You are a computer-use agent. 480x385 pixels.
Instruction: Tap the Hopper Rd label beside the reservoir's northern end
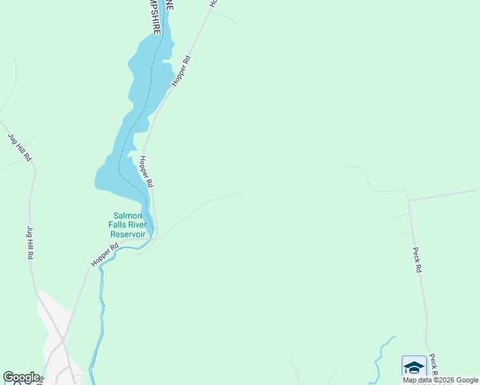[182, 71]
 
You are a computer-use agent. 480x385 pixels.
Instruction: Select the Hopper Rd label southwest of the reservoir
[105, 255]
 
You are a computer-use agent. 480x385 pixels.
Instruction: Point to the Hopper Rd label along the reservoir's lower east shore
[146, 172]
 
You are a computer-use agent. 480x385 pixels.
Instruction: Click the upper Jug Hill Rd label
[20, 147]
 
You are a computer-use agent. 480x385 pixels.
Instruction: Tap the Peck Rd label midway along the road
[416, 261]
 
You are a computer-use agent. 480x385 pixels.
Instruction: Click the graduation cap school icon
[414, 368]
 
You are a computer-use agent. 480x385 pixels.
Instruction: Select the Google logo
[21, 377]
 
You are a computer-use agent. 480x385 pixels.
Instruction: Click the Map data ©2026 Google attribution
[441, 380]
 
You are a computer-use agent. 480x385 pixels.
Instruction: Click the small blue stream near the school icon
[384, 350]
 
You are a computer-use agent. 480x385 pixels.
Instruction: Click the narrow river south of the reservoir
[100, 308]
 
